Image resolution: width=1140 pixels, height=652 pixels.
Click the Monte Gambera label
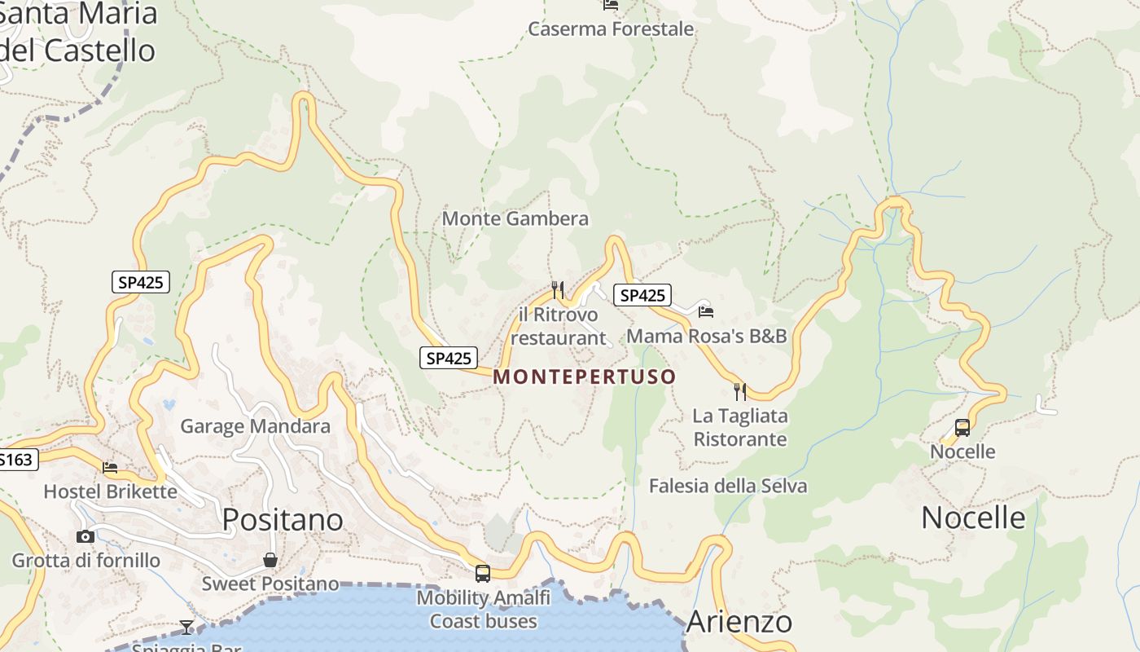coord(515,218)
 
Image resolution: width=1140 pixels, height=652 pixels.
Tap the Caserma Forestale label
coord(611,29)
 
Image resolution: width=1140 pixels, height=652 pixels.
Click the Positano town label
coord(283,519)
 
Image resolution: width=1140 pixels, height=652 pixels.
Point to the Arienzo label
coord(739,622)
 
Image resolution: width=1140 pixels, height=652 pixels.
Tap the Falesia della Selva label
coord(728,487)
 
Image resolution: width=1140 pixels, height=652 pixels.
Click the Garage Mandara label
coord(255,426)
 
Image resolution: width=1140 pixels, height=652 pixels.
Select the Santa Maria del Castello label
coord(77,33)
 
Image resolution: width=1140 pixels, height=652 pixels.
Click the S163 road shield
coord(16,460)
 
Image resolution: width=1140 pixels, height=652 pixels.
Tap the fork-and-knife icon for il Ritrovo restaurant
coord(558,289)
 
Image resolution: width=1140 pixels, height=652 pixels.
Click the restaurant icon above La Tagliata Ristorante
coord(740,392)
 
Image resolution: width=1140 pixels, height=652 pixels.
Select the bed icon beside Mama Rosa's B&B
coord(706,311)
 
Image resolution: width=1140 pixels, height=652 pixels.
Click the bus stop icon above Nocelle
coord(962,428)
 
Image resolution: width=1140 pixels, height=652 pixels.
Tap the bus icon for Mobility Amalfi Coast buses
coord(483,574)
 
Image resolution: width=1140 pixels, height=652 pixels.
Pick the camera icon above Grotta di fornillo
coord(85,536)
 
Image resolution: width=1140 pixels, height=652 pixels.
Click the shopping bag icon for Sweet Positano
coord(270,560)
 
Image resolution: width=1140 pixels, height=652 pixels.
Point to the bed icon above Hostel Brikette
coord(110,468)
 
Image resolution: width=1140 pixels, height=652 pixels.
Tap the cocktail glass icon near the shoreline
coord(186,627)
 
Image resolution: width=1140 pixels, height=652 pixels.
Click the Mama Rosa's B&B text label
coord(707,336)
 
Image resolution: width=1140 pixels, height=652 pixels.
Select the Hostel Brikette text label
coord(110,491)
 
